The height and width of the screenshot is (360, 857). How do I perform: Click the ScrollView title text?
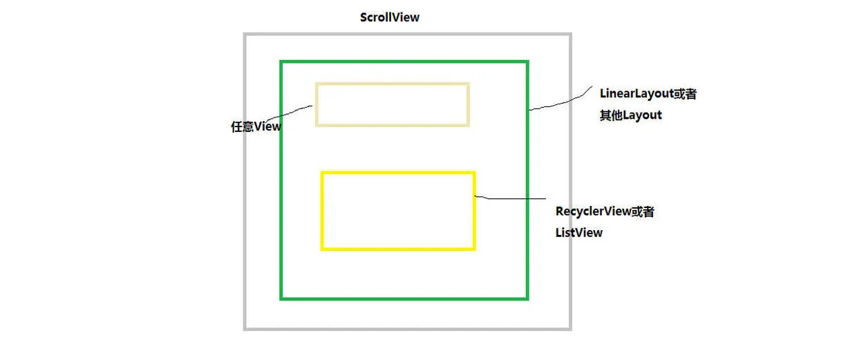(x=389, y=17)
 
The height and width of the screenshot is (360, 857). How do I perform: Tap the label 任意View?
(x=256, y=127)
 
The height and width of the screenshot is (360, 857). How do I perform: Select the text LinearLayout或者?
(x=648, y=94)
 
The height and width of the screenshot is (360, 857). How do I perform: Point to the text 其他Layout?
(x=630, y=115)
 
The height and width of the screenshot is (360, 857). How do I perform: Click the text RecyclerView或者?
(x=604, y=211)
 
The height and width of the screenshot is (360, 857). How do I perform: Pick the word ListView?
(x=578, y=233)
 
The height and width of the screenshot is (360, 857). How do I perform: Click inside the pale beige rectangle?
(x=393, y=104)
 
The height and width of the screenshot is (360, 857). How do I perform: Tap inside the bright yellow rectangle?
(x=398, y=211)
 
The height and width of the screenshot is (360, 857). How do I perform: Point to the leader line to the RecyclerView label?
(x=511, y=199)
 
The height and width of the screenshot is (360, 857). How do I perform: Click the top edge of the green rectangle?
(x=404, y=62)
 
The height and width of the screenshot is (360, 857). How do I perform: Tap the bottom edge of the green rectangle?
(x=404, y=299)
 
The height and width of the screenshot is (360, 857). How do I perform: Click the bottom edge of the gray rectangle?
(x=408, y=328)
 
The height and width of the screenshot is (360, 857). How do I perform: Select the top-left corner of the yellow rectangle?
(x=322, y=173)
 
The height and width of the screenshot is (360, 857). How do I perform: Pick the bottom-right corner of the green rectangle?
(x=527, y=299)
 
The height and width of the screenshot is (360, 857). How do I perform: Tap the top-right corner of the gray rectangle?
(x=570, y=34)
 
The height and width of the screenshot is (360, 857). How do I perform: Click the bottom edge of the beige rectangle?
(x=393, y=125)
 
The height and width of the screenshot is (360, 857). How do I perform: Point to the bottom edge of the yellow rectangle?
(x=398, y=248)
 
